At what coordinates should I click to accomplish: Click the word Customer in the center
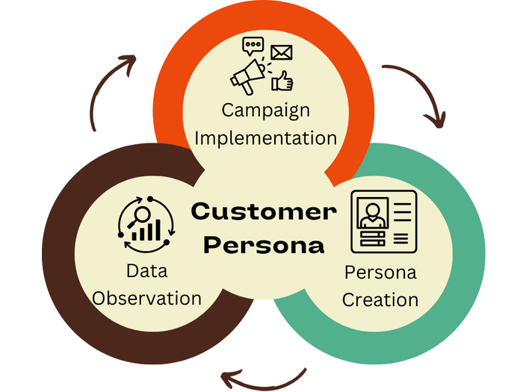coord(264,211)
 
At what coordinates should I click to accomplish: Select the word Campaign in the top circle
coord(265,110)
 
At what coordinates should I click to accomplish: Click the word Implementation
coord(268,137)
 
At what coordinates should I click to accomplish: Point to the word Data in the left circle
coord(146,271)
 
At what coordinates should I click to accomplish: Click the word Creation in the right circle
coord(381,299)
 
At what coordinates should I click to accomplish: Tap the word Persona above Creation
coord(380,272)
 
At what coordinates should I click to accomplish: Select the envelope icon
coord(281,52)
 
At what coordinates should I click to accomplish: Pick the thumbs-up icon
coord(282,79)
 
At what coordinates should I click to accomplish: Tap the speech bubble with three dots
coord(253,46)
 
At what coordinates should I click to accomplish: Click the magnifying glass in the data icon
coord(138,216)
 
